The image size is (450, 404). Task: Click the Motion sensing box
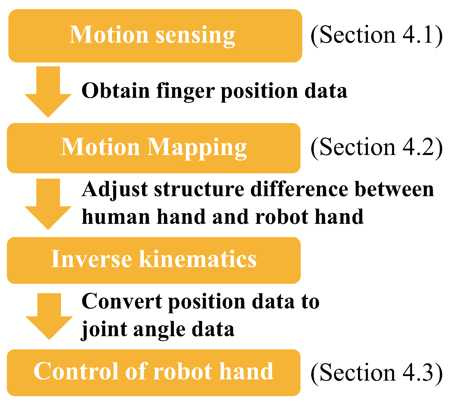pyautogui.click(x=155, y=36)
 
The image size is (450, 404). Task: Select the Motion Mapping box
pyautogui.click(x=154, y=148)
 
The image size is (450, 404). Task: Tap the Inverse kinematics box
pyautogui.click(x=154, y=260)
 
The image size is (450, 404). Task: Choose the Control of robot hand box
pyautogui.click(x=154, y=372)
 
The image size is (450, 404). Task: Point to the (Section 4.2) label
pyautogui.click(x=377, y=148)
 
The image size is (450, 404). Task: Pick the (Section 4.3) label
pyautogui.click(x=377, y=373)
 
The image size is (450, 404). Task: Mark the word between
pyautogui.click(x=394, y=189)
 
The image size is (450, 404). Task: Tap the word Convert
pyautogui.click(x=122, y=302)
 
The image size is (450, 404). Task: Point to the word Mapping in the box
pyautogui.click(x=197, y=148)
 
